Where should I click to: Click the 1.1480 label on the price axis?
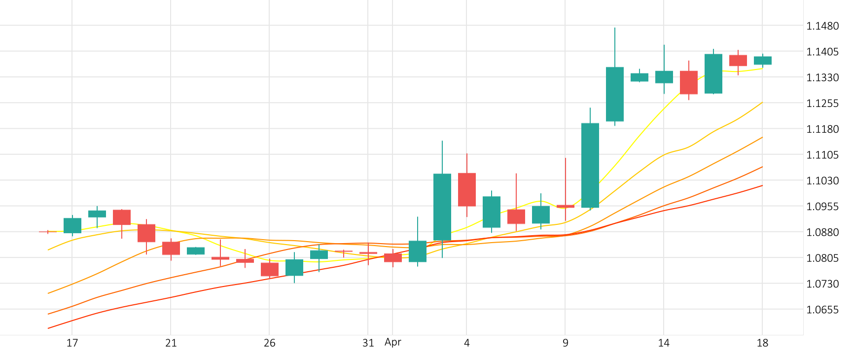pyautogui.click(x=822, y=26)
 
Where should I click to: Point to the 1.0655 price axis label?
pyautogui.click(x=822, y=310)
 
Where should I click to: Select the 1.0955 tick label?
pyautogui.click(x=822, y=207)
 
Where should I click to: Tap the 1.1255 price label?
pyautogui.click(x=822, y=104)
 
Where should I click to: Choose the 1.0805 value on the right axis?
pyautogui.click(x=822, y=258)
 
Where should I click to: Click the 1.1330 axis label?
pyautogui.click(x=822, y=78)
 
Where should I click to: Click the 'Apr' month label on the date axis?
pyautogui.click(x=393, y=342)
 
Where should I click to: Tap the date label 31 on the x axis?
pyautogui.click(x=368, y=343)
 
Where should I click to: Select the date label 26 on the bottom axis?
pyautogui.click(x=269, y=343)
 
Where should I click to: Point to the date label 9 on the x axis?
pyautogui.click(x=565, y=343)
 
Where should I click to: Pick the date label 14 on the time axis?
pyautogui.click(x=664, y=343)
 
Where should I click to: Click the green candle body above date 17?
pyautogui.click(x=72, y=225)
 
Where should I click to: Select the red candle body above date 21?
pyautogui.click(x=171, y=248)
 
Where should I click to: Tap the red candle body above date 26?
pyautogui.click(x=270, y=269)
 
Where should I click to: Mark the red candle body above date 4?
pyautogui.click(x=467, y=189)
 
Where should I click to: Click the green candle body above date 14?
pyautogui.click(x=664, y=77)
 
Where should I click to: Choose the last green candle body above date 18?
pyautogui.click(x=763, y=61)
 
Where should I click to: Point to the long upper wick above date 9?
pyautogui.click(x=566, y=180)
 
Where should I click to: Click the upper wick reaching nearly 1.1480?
pyautogui.click(x=615, y=47)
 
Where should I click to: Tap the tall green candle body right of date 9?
pyautogui.click(x=590, y=165)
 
